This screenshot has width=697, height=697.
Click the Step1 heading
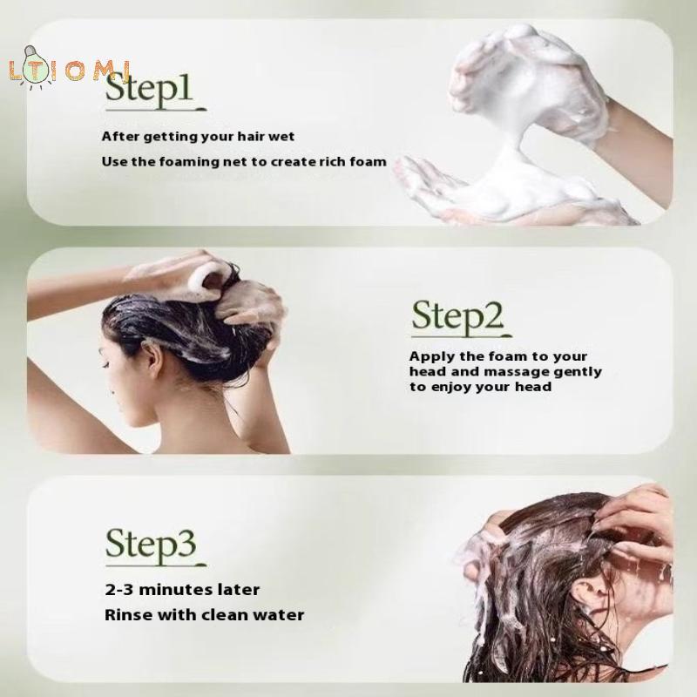click(x=149, y=88)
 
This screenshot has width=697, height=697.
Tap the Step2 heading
click(x=458, y=316)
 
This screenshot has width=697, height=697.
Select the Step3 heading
click(x=151, y=545)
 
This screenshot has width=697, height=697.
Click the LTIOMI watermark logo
click(x=69, y=70)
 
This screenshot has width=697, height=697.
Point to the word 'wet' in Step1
click(x=281, y=137)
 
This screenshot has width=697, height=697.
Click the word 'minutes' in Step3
click(x=177, y=590)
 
